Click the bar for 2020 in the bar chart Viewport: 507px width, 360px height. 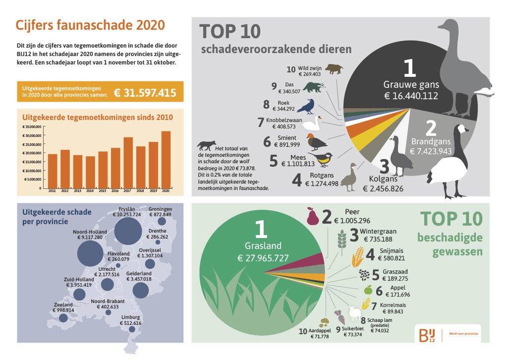coord(166,160)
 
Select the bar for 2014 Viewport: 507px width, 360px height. coord(90,172)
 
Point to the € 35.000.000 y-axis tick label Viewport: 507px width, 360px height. coord(32,127)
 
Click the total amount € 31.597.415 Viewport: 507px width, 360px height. coord(145,92)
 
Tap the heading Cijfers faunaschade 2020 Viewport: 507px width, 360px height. coord(90,25)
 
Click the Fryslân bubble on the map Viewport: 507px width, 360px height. coord(128,232)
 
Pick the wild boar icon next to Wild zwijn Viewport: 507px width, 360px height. coord(334,69)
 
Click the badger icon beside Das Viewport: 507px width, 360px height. coord(313,88)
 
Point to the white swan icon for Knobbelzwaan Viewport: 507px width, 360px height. coord(312,122)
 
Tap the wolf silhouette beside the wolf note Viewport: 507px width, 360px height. coord(205,145)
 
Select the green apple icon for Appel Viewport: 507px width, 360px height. coord(367,290)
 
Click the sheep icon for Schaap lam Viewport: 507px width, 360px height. coord(355,312)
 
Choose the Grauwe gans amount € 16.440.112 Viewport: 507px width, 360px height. coord(411,96)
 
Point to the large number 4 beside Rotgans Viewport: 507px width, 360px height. coord(296,180)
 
